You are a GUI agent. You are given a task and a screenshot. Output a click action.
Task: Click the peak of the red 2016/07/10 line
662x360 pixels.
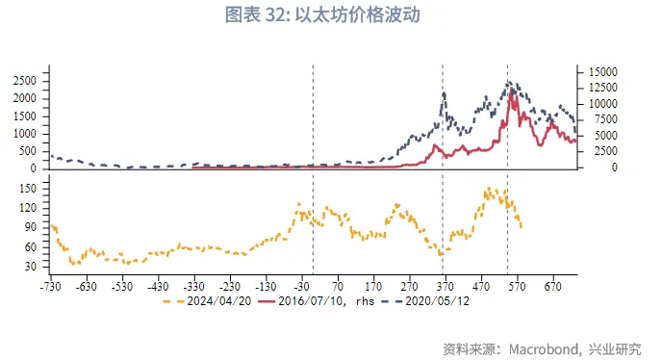pos(512,90)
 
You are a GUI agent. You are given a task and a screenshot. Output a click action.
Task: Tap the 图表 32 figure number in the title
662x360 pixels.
pos(255,15)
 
